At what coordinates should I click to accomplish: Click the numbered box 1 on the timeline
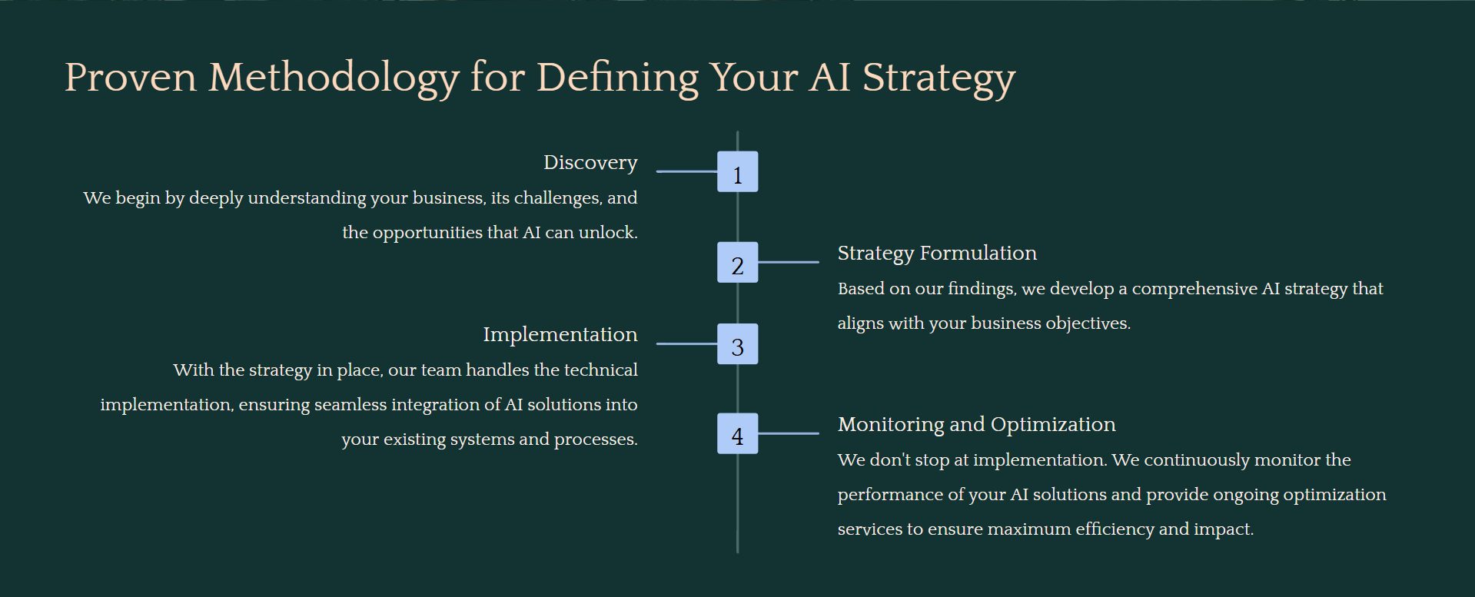pyautogui.click(x=737, y=171)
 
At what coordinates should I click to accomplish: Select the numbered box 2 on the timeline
pyautogui.click(x=737, y=262)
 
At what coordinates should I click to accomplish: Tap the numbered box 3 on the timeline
pyautogui.click(x=737, y=343)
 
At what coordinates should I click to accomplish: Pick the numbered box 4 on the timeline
pyautogui.click(x=737, y=433)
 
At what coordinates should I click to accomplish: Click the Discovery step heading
pyautogui.click(x=590, y=163)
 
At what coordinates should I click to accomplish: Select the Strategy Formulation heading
pyautogui.click(x=937, y=254)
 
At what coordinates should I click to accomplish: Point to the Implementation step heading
pyautogui.click(x=560, y=335)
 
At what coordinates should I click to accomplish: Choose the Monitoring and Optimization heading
pyautogui.click(x=976, y=425)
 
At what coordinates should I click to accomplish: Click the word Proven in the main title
pyautogui.click(x=131, y=78)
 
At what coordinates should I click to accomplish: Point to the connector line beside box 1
pyautogui.click(x=686, y=171)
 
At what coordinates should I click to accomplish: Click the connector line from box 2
pyautogui.click(x=789, y=262)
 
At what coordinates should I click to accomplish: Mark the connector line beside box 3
pyautogui.click(x=686, y=343)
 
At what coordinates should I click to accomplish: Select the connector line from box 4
pyautogui.click(x=789, y=433)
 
